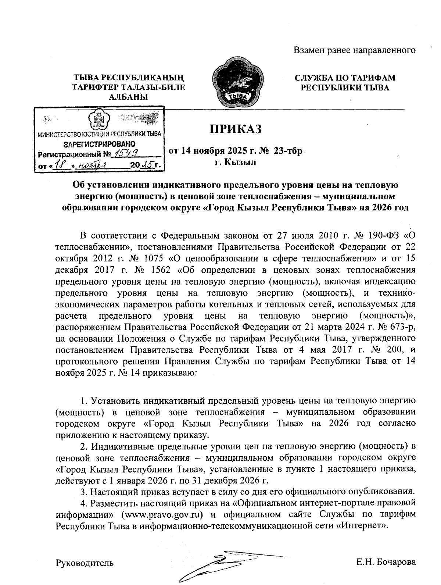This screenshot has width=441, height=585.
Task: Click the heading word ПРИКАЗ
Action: (x=235, y=129)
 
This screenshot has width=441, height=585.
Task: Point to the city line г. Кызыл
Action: (x=235, y=162)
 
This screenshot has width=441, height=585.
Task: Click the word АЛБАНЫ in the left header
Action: (x=128, y=97)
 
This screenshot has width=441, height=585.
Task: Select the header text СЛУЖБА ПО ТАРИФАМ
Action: (x=345, y=78)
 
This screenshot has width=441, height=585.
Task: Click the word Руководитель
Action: (x=85, y=563)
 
